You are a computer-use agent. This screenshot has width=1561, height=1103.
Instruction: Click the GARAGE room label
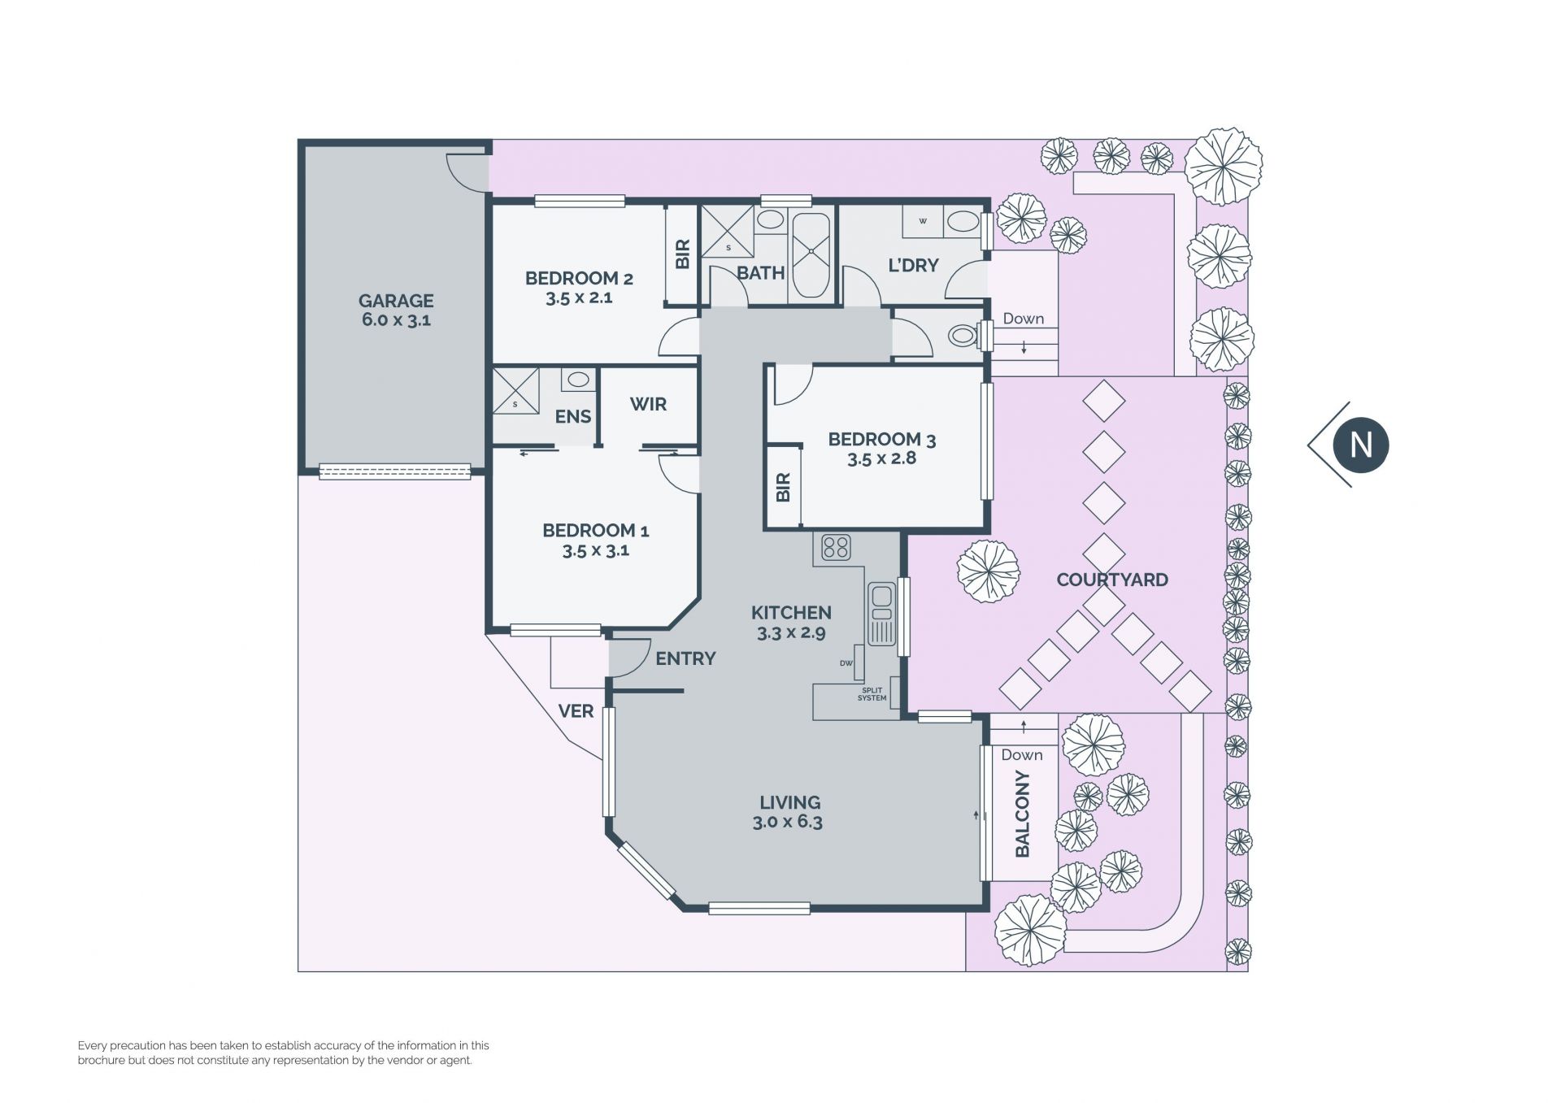[396, 301]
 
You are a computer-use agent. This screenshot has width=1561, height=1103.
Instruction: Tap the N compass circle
[1360, 445]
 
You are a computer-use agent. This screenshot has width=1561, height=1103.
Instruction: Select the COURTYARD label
[1112, 580]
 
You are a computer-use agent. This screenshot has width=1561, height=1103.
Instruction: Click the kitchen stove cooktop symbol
[836, 547]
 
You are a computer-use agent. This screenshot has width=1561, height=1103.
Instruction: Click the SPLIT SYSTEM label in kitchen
[872, 694]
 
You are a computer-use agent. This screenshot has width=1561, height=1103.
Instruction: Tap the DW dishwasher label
[846, 663]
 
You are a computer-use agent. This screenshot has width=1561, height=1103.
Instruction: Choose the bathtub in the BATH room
[811, 255]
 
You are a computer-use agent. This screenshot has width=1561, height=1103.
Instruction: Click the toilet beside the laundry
[963, 335]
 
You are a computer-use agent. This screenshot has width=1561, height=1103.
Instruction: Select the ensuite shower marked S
[515, 391]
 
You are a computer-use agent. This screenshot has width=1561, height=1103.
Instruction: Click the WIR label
[648, 404]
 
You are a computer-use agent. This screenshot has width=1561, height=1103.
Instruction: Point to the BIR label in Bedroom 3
[783, 487]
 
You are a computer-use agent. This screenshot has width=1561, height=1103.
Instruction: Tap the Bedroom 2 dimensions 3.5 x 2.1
[579, 297]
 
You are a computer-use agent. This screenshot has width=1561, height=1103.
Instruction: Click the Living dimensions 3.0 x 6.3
[787, 822]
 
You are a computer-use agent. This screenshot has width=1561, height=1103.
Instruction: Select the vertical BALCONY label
[1023, 814]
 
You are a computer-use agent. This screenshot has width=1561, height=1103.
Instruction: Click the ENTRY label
[685, 658]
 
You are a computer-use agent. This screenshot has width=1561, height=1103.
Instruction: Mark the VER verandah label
[576, 711]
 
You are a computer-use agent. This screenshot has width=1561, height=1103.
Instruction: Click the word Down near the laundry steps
[1023, 319]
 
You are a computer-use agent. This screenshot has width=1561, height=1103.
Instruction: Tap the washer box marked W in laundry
[923, 221]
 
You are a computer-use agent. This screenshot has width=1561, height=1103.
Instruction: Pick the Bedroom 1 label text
[595, 531]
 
